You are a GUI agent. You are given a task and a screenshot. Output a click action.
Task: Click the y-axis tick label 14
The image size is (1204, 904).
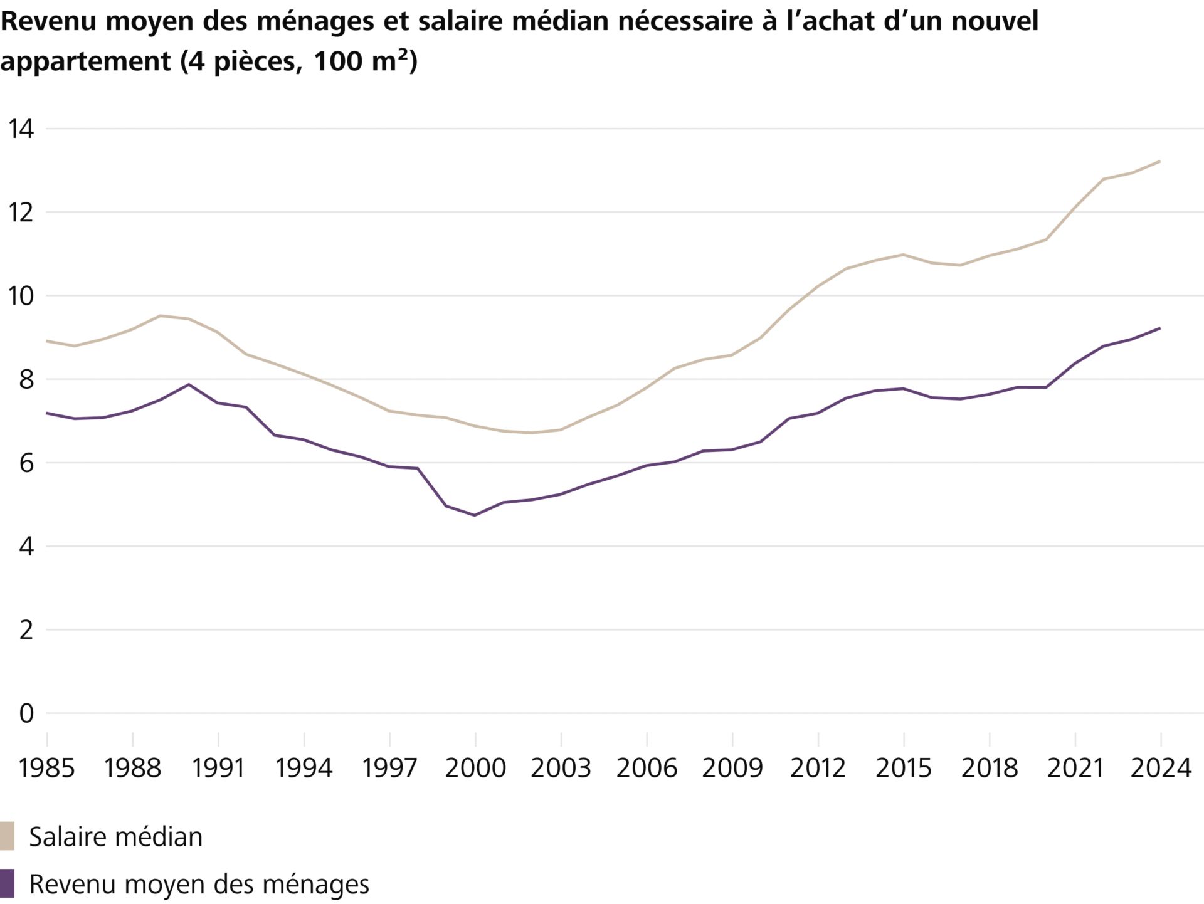coord(21,129)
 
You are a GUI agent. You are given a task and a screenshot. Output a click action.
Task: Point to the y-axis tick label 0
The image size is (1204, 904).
coord(26,713)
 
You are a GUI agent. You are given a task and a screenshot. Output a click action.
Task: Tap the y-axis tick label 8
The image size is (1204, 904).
coord(26,380)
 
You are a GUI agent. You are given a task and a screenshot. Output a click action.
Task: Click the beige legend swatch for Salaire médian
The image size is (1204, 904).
coord(7,836)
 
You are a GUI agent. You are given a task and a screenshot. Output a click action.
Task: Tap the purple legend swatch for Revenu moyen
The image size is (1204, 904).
coord(7,883)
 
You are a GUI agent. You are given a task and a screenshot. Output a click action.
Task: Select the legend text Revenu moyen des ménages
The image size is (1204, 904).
coord(199,885)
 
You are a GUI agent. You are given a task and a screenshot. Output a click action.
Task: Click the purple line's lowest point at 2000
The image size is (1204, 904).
coord(475,515)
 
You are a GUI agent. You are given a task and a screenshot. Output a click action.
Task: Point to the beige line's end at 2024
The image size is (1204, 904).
coord(1160,161)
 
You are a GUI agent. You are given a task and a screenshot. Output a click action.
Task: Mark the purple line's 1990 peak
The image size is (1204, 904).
coord(189,384)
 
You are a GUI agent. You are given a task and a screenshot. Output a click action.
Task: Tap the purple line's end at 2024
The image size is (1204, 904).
coord(1160,328)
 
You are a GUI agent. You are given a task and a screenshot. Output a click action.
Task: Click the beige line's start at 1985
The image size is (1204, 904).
coord(47,341)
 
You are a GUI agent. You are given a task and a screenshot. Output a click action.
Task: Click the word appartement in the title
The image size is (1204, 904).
coord(85,61)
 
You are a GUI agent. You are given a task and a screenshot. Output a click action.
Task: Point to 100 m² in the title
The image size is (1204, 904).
coord(364,60)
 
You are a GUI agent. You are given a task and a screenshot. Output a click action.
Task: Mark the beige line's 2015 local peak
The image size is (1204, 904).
coord(903,255)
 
